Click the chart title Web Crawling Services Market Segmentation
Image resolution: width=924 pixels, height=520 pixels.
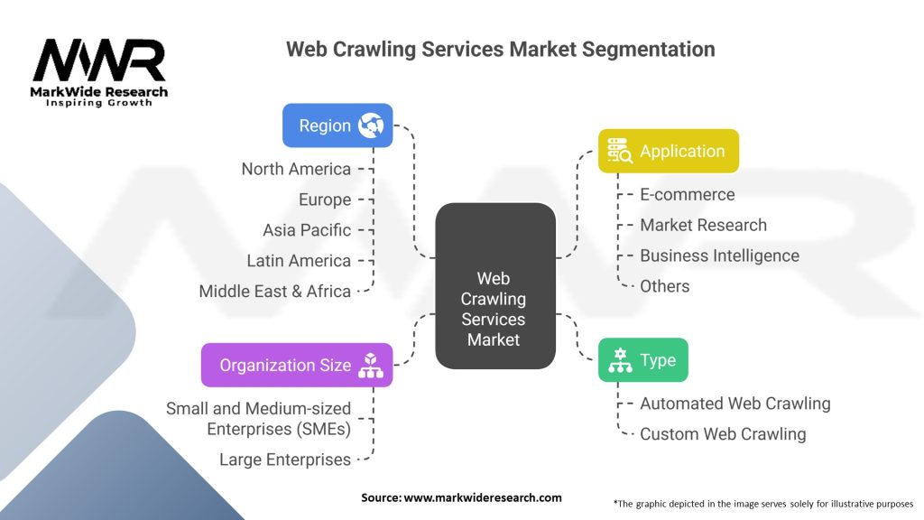click(x=501, y=50)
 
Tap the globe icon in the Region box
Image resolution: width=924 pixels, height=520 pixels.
click(x=371, y=125)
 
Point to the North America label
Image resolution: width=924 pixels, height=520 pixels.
click(x=296, y=169)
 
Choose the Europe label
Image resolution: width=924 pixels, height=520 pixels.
click(x=325, y=200)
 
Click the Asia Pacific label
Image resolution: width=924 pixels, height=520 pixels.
click(x=307, y=230)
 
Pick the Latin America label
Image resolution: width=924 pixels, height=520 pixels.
click(x=299, y=261)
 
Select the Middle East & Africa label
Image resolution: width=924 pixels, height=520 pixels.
click(x=275, y=292)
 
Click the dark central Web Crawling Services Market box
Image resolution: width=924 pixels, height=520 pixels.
click(x=494, y=285)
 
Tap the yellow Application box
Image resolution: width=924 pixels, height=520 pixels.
click(x=669, y=151)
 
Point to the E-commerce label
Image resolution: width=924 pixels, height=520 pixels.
click(x=688, y=194)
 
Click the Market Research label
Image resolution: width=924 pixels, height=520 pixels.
click(x=704, y=225)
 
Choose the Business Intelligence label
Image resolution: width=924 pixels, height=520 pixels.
click(x=720, y=255)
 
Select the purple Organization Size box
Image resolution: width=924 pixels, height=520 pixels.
click(x=297, y=365)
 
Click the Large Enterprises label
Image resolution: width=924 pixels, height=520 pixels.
click(x=285, y=460)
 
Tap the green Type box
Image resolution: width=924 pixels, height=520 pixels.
click(x=643, y=360)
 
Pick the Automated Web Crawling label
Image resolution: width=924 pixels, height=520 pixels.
click(x=735, y=404)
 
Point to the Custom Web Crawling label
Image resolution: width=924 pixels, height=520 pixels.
click(x=723, y=434)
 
